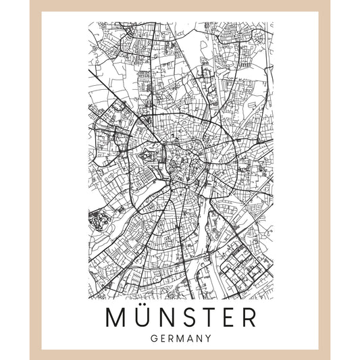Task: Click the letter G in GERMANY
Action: click(155, 338)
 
